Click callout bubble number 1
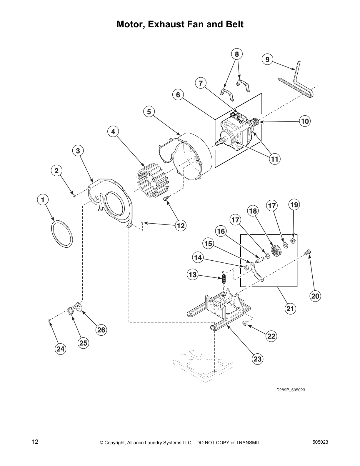coord(43,200)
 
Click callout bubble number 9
coord(267,60)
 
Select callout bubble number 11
coord(275,159)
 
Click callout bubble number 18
coord(253,211)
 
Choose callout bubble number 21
coord(290,309)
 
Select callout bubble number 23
coord(257,359)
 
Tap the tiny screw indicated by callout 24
coord(49,320)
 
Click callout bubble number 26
coord(101,330)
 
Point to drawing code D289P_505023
coord(290,390)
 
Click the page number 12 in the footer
coord(35,441)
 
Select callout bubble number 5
coord(149,112)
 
